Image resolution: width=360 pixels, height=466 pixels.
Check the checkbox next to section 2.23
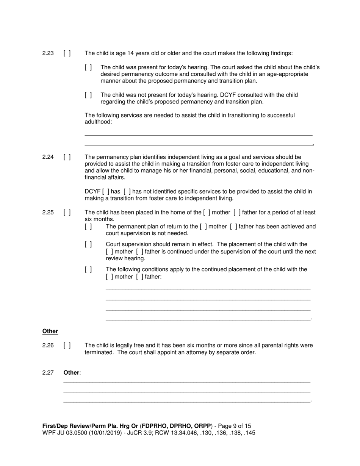coord(67,53)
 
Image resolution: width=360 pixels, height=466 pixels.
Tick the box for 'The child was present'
coord(88,67)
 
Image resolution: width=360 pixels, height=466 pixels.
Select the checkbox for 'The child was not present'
coord(88,95)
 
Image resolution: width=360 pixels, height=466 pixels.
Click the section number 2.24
coord(48,157)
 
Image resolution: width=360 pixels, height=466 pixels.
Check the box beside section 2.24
coord(67,157)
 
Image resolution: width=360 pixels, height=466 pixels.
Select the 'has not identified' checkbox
coord(127,192)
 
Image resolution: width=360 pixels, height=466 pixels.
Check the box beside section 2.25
coord(67,213)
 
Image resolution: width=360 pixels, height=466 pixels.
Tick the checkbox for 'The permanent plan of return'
coord(88,227)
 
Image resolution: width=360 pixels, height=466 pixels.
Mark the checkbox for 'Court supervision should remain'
coord(88,244)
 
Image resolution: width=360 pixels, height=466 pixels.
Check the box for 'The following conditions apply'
coord(88,270)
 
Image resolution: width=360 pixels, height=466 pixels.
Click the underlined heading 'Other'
coord(50,331)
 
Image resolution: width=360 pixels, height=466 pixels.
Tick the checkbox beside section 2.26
coord(67,346)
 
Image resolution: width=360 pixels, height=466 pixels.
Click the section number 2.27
coord(48,373)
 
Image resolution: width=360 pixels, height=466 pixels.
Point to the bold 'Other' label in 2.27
coord(72,373)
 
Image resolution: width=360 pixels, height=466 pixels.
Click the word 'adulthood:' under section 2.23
coord(98,122)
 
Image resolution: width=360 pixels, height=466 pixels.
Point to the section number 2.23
coord(48,53)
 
